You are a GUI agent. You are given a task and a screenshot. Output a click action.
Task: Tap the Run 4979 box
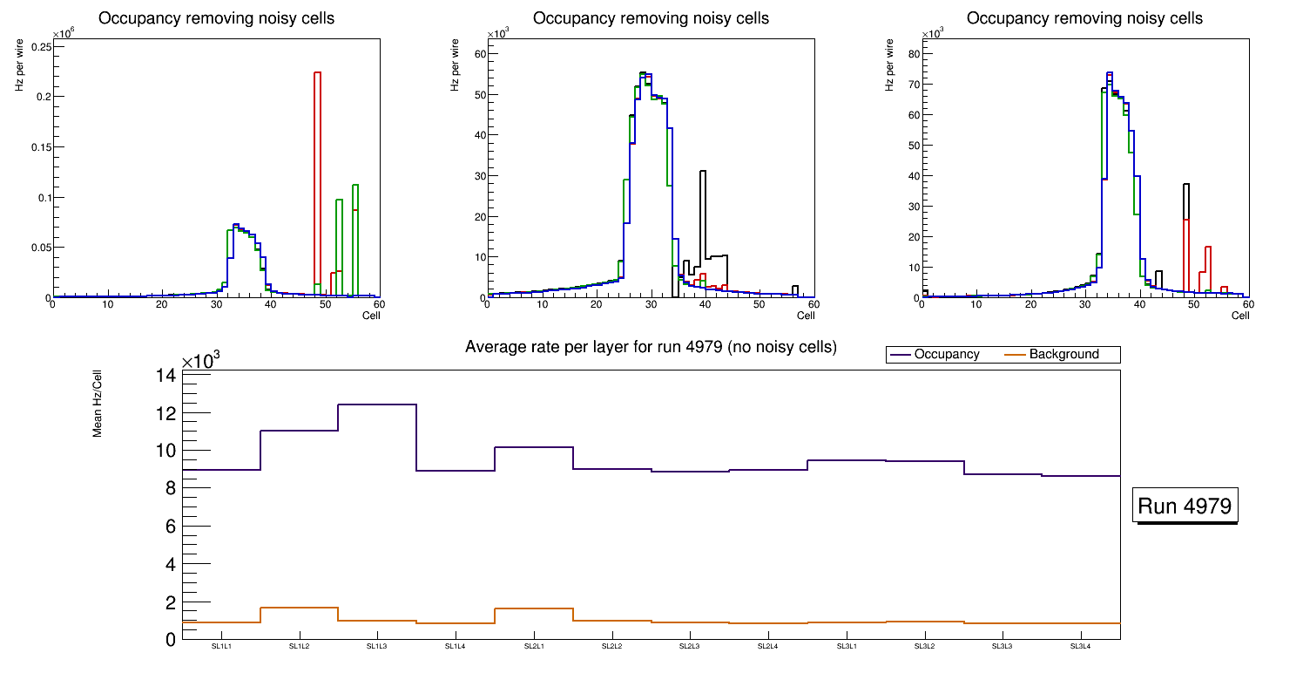pos(1185,506)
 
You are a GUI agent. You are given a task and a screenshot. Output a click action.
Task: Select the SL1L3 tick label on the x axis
pos(376,647)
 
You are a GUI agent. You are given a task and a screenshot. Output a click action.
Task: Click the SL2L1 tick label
pos(533,647)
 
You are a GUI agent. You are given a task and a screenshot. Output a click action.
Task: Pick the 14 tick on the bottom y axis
pos(165,376)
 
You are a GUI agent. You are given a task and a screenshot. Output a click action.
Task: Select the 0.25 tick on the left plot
pos(39,46)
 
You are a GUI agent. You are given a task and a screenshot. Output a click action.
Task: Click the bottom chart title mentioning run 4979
pos(651,348)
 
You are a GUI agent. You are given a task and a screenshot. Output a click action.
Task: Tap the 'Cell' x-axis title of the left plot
pos(371,316)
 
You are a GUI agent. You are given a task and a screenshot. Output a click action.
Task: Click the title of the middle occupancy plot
pos(651,18)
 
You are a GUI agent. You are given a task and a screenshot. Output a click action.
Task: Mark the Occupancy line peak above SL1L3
pos(376,404)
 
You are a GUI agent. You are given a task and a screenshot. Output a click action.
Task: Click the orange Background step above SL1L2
pos(298,608)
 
